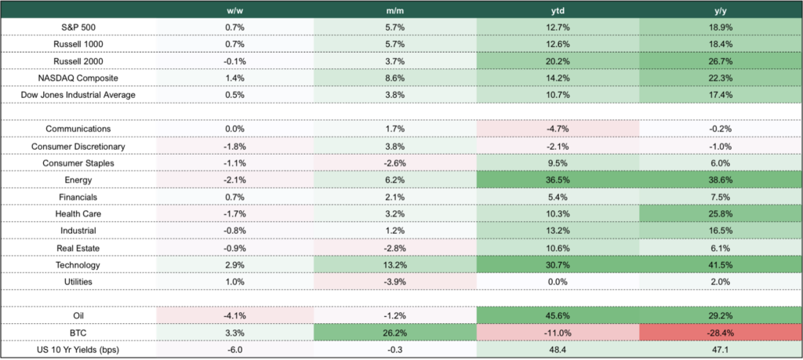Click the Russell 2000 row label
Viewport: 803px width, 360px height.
[78, 61]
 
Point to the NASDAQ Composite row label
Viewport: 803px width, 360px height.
[78, 78]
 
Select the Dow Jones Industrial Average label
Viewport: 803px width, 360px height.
[78, 95]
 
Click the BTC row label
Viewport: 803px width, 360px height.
[78, 332]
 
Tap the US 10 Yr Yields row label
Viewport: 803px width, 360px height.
[78, 349]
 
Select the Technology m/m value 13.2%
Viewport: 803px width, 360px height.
[395, 264]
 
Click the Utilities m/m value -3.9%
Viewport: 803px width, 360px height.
[395, 281]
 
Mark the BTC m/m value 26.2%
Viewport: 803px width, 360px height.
[395, 332]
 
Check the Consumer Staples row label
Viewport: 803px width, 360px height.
[78, 163]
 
